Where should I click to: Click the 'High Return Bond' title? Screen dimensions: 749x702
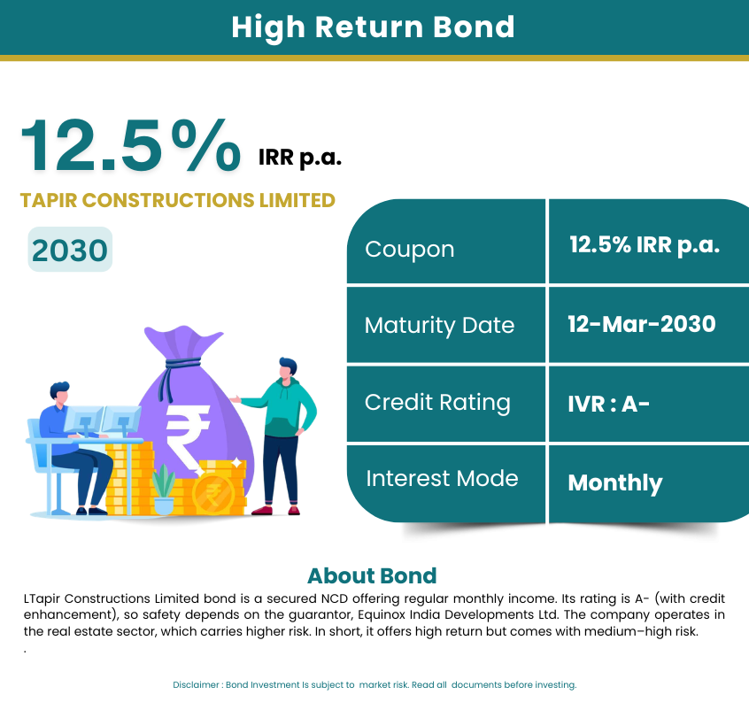pyautogui.click(x=373, y=27)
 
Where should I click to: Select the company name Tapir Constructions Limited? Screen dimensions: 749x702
pyautogui.click(x=178, y=200)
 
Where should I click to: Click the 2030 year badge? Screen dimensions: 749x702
pyautogui.click(x=70, y=250)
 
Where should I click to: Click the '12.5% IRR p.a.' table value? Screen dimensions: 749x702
pyautogui.click(x=645, y=245)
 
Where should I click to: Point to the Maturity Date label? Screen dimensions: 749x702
pyautogui.click(x=439, y=326)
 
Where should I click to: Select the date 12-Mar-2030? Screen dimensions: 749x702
pyautogui.click(x=642, y=324)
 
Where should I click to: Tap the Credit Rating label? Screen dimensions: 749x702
pyautogui.click(x=437, y=403)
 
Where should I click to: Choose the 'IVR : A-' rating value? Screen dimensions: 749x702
pyautogui.click(x=608, y=405)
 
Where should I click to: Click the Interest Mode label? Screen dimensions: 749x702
pyautogui.click(x=442, y=479)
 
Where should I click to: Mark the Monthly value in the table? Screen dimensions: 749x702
pyautogui.click(x=615, y=483)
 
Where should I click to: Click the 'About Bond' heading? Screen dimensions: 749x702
pyautogui.click(x=372, y=576)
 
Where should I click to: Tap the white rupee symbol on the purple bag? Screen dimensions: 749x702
pyautogui.click(x=188, y=438)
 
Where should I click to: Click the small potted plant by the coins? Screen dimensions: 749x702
pyautogui.click(x=164, y=490)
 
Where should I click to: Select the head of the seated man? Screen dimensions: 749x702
pyautogui.click(x=59, y=393)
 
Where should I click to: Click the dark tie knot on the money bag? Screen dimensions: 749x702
pyautogui.click(x=182, y=366)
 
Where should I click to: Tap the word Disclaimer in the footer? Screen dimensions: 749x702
pyautogui.click(x=196, y=685)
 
